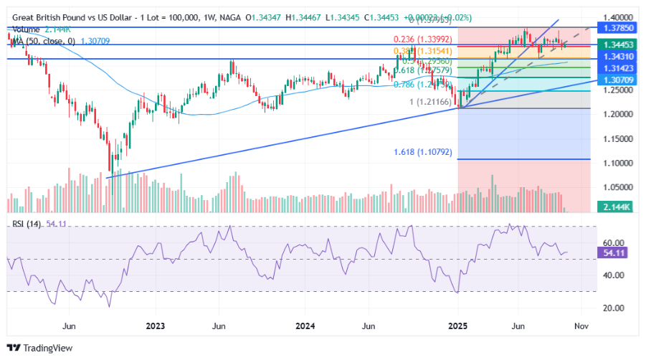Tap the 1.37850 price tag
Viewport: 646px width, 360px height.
point(616,28)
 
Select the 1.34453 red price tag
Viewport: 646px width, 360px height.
point(616,44)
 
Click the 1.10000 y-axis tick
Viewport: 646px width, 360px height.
point(616,163)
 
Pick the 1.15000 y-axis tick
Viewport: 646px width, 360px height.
point(616,138)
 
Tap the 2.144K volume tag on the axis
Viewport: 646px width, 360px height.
point(616,207)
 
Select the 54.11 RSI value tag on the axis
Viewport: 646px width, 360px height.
point(616,253)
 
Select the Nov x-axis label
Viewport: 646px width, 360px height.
point(581,326)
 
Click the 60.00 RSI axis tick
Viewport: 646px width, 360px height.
point(616,243)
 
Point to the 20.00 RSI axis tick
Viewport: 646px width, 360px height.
point(616,308)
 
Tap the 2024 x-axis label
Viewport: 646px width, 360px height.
point(306,326)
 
